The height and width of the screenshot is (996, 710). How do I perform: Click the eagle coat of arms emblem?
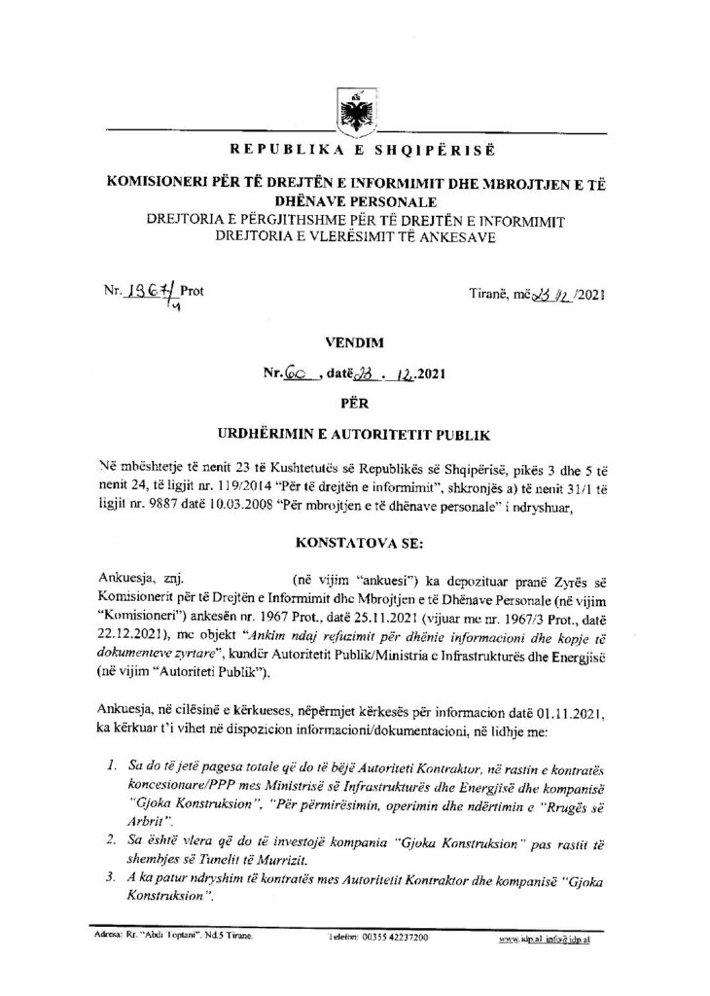pos(354,111)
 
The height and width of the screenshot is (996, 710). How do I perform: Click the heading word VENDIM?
pos(354,342)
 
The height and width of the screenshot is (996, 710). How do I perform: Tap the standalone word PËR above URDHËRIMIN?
pos(354,399)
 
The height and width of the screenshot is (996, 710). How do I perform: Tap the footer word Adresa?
pos(102,941)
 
